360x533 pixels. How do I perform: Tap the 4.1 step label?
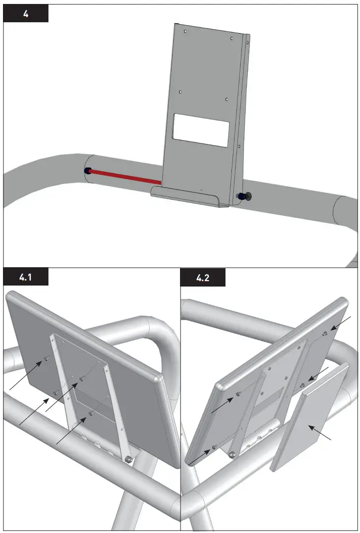pyautogui.click(x=26, y=278)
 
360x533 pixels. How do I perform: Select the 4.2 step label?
pyautogui.click(x=203, y=278)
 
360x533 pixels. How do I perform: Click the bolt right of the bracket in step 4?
pyautogui.click(x=244, y=197)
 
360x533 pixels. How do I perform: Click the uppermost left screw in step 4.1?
pyautogui.click(x=45, y=358)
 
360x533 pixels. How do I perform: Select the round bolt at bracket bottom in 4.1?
pyautogui.click(x=129, y=460)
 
